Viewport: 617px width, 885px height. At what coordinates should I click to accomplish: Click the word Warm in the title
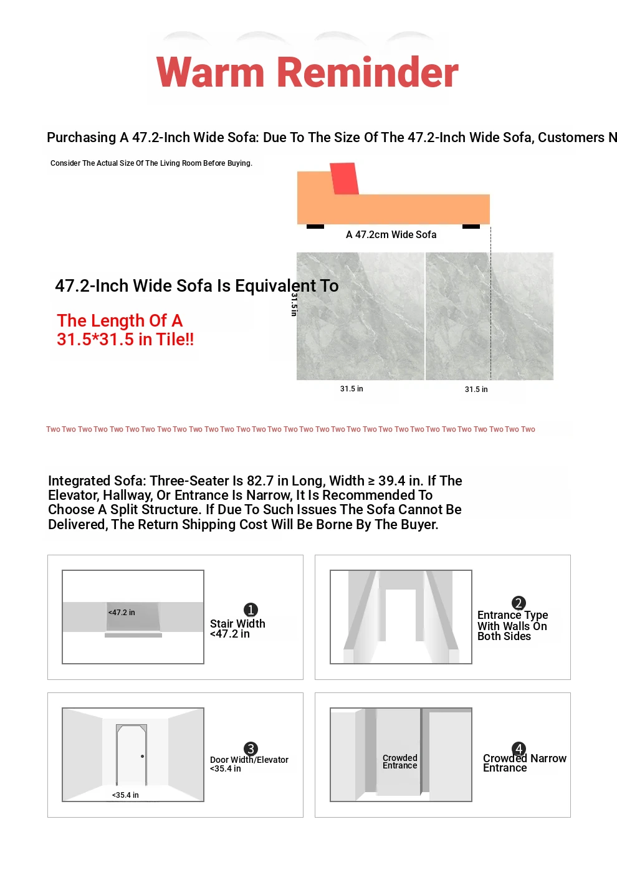pyautogui.click(x=210, y=72)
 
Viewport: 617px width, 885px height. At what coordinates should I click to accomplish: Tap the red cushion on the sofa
pyautogui.click(x=344, y=178)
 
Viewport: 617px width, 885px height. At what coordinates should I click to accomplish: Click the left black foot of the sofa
pyautogui.click(x=315, y=226)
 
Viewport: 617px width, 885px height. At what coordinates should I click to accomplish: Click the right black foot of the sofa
pyautogui.click(x=471, y=226)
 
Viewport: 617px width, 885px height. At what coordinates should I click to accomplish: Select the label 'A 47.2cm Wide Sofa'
pyautogui.click(x=391, y=235)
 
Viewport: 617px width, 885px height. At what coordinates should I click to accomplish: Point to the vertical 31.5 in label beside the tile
pyautogui.click(x=294, y=304)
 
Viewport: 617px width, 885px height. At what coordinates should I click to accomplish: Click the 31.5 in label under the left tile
pyautogui.click(x=352, y=389)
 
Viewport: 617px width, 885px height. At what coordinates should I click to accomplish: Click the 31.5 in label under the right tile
pyautogui.click(x=476, y=389)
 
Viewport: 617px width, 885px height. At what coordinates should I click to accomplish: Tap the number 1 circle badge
pyautogui.click(x=251, y=610)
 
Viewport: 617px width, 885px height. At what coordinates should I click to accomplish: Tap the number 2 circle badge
pyautogui.click(x=519, y=603)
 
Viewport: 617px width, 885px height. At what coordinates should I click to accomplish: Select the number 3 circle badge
pyautogui.click(x=251, y=749)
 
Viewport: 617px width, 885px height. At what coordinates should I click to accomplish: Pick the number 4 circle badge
pyautogui.click(x=519, y=749)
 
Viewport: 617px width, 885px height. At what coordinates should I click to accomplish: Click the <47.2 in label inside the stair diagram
pyautogui.click(x=122, y=613)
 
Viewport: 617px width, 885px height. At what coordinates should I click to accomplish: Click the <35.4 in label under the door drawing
pyautogui.click(x=125, y=795)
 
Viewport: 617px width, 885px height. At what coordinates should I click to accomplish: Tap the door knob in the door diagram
pyautogui.click(x=142, y=756)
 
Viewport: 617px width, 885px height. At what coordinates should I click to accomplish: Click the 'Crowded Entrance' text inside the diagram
pyautogui.click(x=399, y=762)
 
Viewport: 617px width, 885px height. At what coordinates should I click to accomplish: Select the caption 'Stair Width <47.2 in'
pyautogui.click(x=237, y=628)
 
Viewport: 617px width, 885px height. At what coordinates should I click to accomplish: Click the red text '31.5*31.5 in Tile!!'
pyautogui.click(x=125, y=340)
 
